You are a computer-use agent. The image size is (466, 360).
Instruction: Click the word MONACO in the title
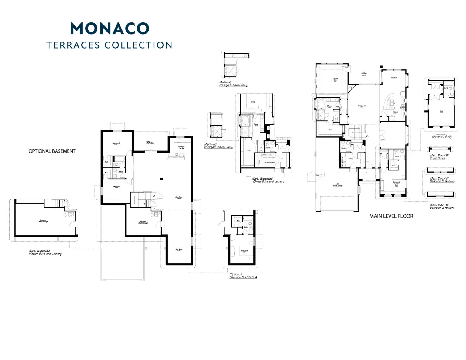coord(110,29)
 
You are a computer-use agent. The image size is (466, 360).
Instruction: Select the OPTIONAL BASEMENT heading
coord(52,151)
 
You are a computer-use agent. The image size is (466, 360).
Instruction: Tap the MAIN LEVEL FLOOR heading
coord(391,216)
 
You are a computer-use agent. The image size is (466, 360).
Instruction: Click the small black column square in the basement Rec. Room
coord(162,179)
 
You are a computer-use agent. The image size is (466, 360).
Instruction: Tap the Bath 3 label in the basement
coord(120,172)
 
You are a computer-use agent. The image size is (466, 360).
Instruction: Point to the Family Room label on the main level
coord(362,106)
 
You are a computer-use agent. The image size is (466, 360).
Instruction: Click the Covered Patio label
coord(364,74)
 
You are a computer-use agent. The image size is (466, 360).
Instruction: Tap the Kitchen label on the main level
coord(395,112)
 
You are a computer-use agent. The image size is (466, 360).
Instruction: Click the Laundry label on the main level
coord(351,158)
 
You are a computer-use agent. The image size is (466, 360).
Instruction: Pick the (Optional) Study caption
coord(442,137)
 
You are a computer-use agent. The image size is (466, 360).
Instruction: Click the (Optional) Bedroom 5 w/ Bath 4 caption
coord(243,276)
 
